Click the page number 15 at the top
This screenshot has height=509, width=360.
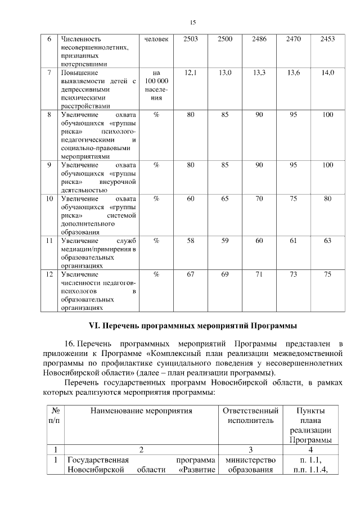192,22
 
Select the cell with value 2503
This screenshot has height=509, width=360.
191,39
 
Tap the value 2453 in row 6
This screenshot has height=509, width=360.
327,39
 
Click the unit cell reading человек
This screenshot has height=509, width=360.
156,39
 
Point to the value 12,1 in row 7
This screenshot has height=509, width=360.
191,73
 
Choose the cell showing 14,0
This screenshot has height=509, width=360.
327,73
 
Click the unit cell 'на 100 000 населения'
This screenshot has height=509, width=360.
156,85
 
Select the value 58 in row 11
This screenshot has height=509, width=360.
191,240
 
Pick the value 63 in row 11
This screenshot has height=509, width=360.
327,240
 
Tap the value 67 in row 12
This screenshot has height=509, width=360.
191,274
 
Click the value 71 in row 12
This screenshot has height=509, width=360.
259,274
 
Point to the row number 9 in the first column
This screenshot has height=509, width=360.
49,165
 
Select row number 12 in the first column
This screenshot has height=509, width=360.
49,274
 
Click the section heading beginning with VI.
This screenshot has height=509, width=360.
192,326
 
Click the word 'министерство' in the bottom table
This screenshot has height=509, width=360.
251,460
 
